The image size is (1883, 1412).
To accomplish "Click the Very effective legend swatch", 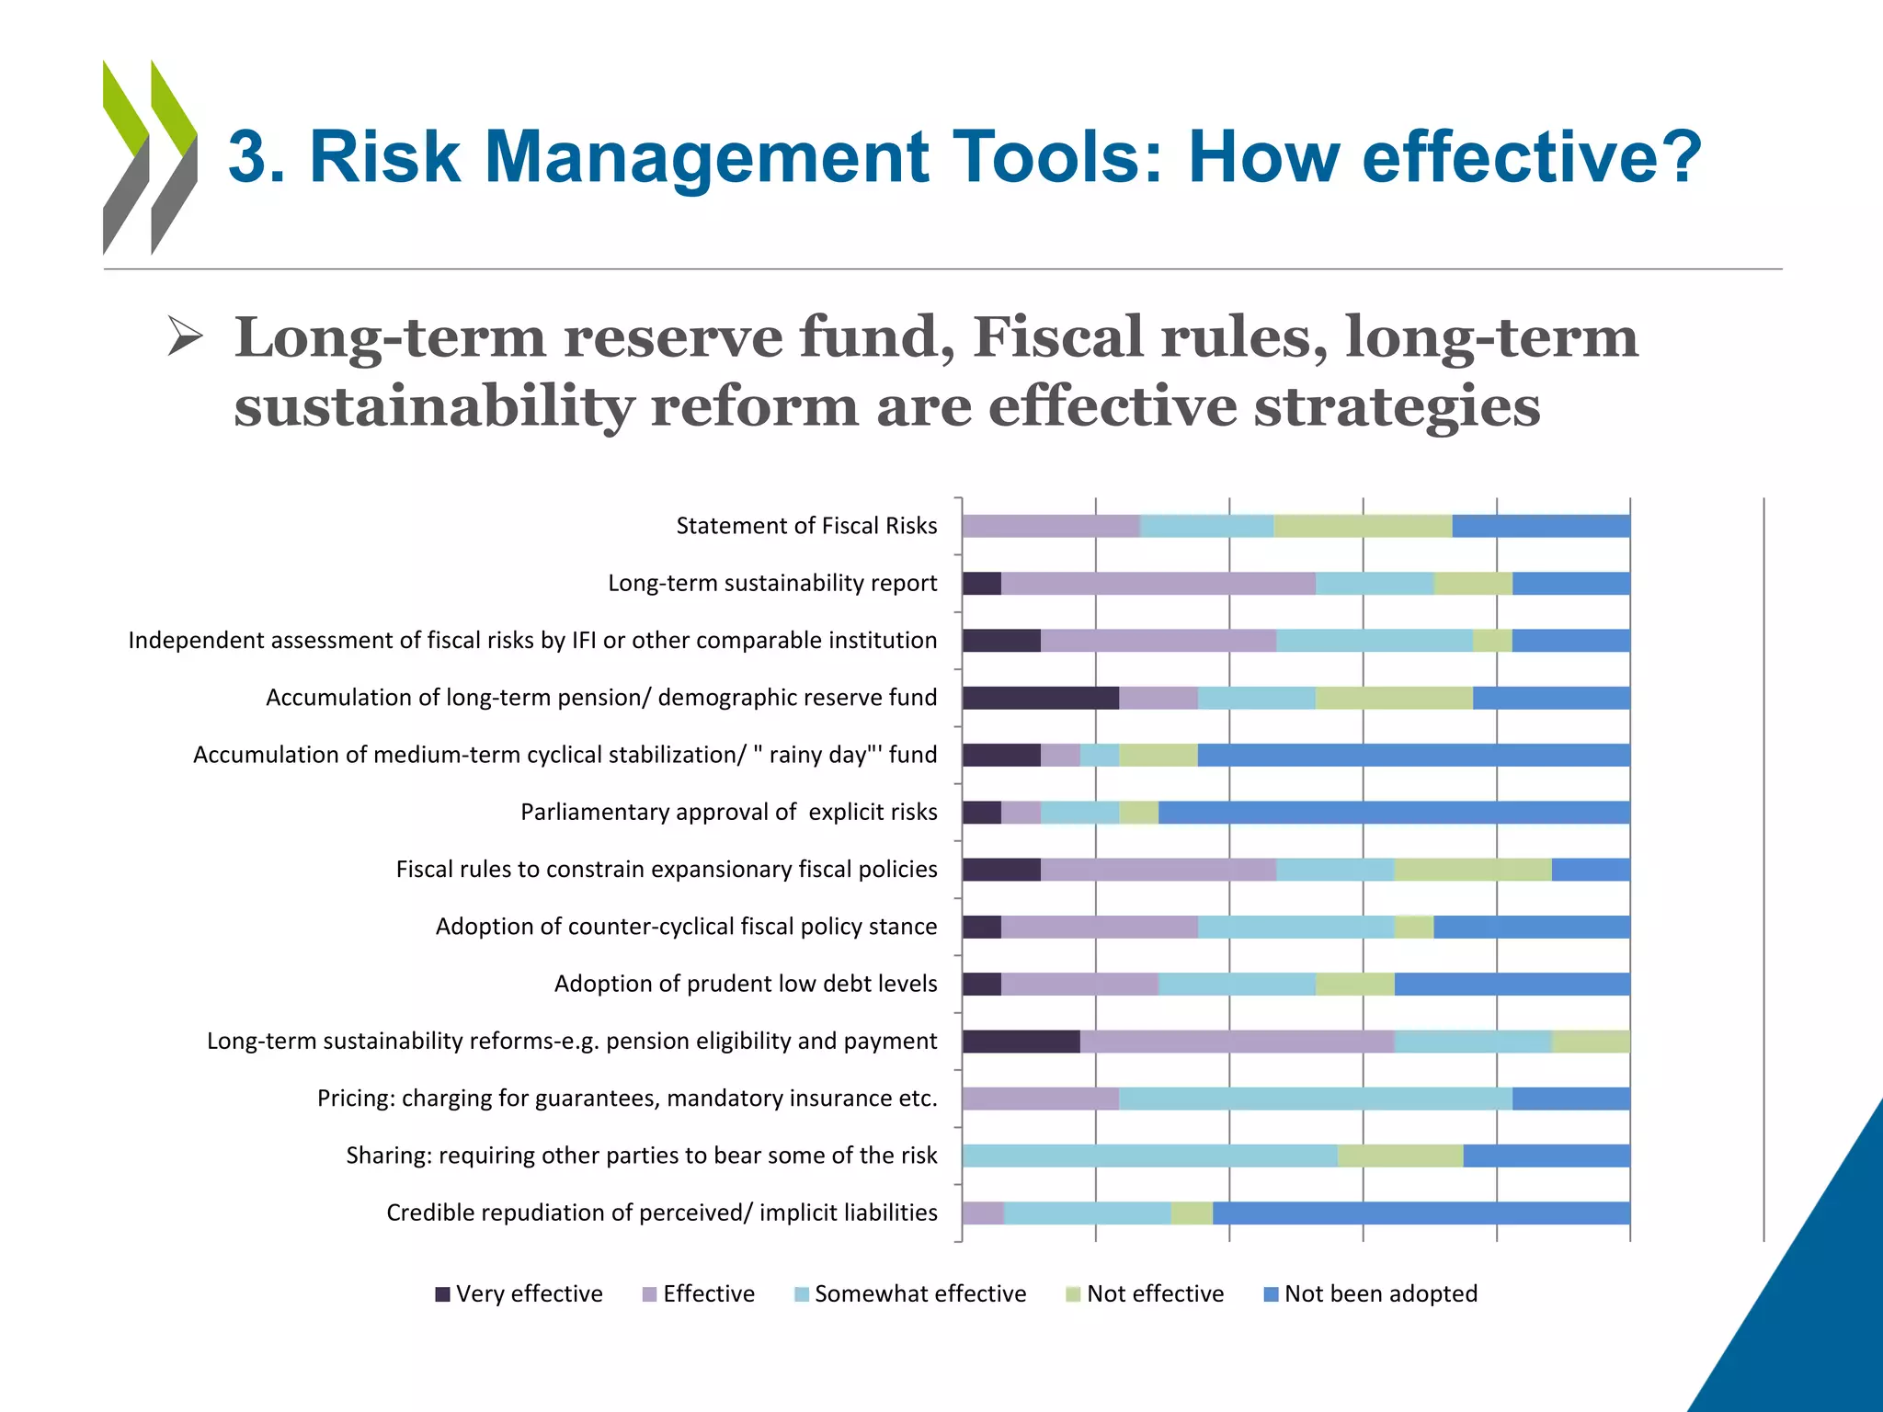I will coord(442,1294).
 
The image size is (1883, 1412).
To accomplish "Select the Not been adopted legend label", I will coord(1380,1294).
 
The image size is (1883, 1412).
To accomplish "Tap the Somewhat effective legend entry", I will coord(919,1294).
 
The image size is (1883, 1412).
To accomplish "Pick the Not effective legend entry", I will coord(1155,1294).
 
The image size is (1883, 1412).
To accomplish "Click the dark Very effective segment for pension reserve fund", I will coord(1040,698).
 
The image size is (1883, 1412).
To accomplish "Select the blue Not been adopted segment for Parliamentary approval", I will coord(1393,813).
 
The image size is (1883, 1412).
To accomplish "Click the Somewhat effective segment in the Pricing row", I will coord(1315,1099).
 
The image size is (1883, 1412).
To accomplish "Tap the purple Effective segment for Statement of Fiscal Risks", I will coord(1051,526).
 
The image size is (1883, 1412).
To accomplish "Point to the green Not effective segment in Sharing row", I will coord(1399,1156).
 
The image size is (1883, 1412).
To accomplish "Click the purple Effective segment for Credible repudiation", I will coord(983,1213).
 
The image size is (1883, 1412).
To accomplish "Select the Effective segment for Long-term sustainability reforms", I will coord(1237,1042).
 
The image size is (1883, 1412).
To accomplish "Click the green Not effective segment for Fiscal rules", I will coord(1472,870).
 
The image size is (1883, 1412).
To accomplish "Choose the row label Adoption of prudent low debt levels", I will coord(746,984).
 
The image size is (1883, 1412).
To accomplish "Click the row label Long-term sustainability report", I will coord(772,583).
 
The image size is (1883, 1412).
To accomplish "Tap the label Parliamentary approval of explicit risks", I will coord(728,812).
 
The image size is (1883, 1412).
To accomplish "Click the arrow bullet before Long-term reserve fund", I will coord(185,336).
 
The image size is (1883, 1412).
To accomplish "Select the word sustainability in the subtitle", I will coord(433,406).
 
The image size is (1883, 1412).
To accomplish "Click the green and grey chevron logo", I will coord(150,157).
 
